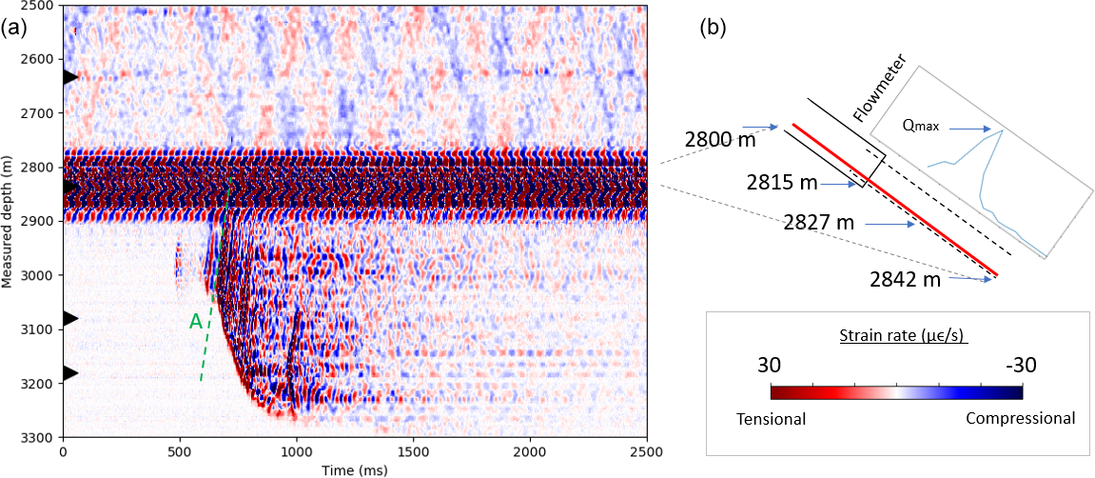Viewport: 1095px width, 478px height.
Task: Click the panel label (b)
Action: coord(713,28)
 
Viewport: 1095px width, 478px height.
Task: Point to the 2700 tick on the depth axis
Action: coord(62,113)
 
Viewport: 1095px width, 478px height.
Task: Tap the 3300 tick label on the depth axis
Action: coord(42,437)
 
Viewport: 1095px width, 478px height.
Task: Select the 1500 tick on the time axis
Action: coord(413,437)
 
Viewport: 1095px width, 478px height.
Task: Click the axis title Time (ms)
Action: coord(354,468)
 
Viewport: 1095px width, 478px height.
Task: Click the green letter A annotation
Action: coord(195,322)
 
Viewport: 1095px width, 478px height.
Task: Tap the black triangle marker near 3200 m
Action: coord(69,372)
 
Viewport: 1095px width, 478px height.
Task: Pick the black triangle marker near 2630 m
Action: coord(69,76)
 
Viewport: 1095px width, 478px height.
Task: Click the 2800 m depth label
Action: coord(719,141)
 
